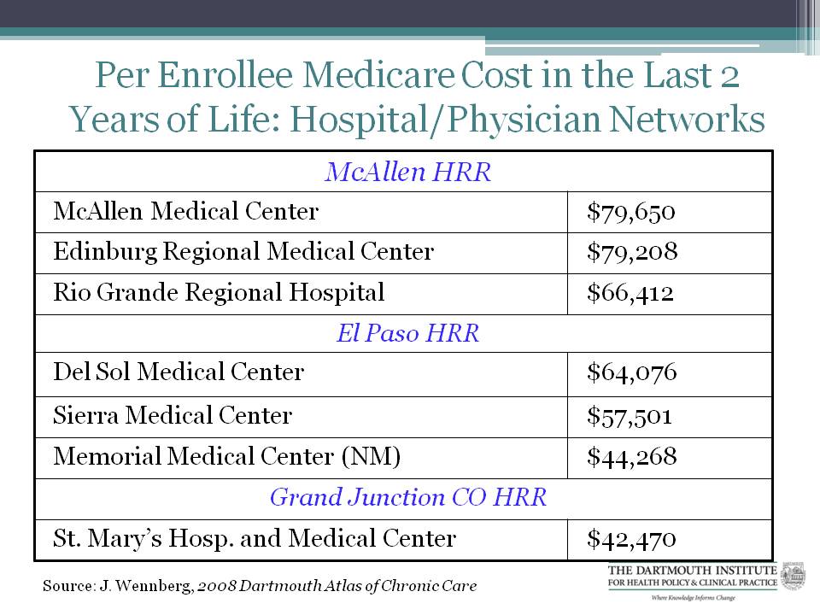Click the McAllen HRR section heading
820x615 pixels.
407,173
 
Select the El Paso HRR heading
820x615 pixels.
407,333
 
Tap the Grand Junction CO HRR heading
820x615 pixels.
407,497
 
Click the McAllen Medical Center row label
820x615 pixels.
185,211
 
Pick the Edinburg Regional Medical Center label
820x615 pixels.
243,252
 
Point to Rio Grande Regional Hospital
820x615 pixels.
219,293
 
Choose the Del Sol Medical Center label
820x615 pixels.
178,372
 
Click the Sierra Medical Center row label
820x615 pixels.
173,416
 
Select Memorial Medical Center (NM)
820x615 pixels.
227,457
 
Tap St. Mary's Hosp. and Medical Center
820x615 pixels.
255,539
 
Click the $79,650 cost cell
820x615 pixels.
631,211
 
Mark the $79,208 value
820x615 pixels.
632,252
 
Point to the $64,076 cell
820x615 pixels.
631,372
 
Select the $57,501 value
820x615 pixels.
630,416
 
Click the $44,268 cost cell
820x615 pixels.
631,457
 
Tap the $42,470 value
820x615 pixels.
631,539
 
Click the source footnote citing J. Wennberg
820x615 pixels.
260,586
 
